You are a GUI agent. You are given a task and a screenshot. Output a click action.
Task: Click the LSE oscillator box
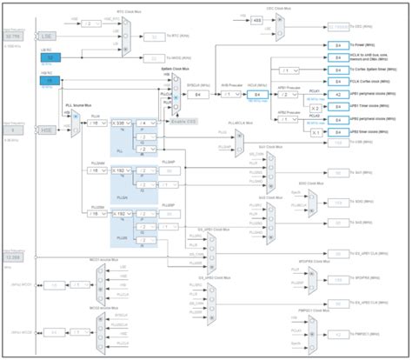(x=50, y=37)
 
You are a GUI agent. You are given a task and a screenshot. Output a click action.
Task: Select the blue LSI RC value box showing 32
(x=50, y=57)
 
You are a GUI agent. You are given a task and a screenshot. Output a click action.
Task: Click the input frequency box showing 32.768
(x=14, y=37)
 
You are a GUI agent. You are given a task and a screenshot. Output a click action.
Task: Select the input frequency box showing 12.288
(x=14, y=257)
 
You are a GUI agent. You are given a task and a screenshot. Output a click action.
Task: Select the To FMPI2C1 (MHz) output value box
(x=338, y=335)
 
